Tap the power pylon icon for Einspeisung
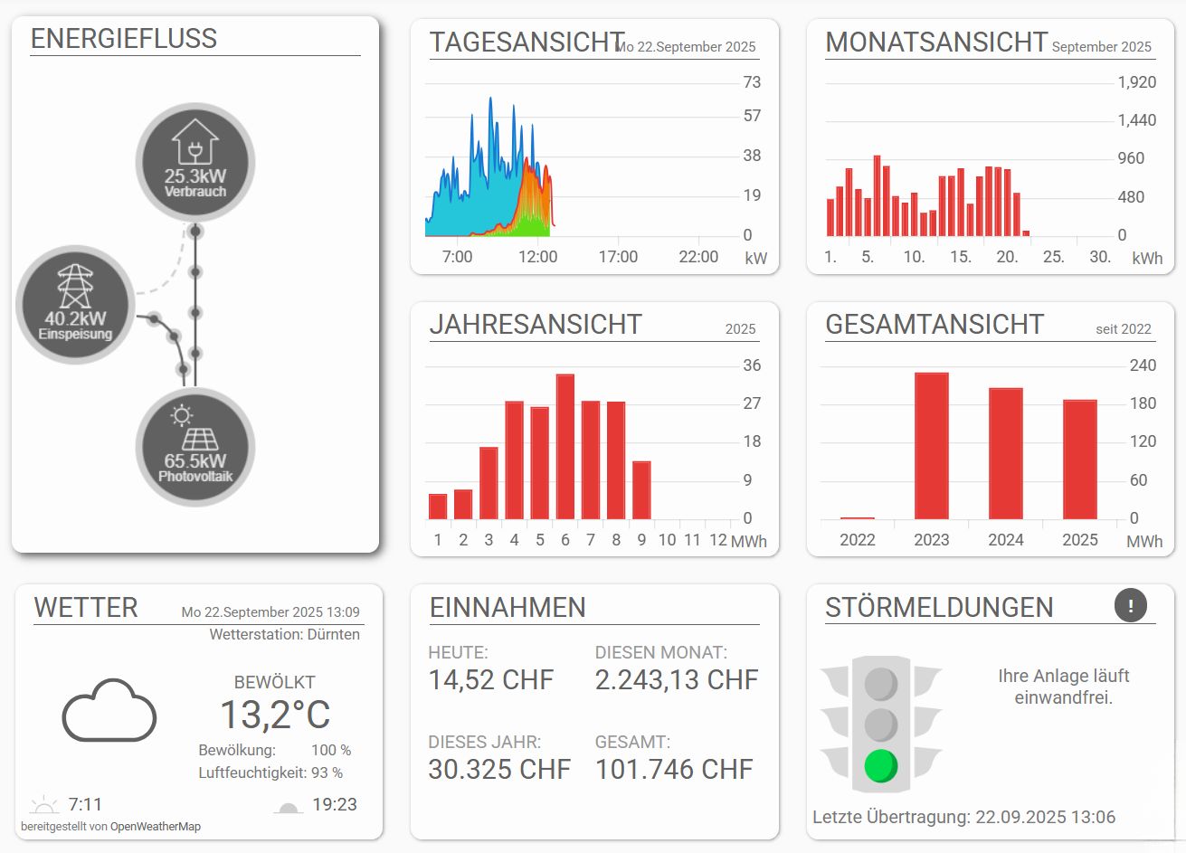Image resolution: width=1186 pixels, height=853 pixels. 75,286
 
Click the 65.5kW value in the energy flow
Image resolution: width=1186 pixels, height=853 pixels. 195,460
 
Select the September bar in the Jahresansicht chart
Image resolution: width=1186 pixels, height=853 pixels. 641,489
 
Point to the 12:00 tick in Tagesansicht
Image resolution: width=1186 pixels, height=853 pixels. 537,257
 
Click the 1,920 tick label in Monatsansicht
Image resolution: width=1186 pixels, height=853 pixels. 1137,82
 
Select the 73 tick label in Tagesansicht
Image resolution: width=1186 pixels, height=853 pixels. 752,82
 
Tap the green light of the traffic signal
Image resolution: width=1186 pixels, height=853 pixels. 880,765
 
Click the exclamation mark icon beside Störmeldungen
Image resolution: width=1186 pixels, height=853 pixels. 1131,605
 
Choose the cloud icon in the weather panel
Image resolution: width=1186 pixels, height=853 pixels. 109,711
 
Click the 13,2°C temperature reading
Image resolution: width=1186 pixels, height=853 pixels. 275,715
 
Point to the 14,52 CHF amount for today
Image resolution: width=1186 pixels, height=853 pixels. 490,679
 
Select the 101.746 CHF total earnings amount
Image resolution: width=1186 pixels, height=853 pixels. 674,769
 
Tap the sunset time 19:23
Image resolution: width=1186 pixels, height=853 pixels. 335,804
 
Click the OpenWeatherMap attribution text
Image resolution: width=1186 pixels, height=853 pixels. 155,826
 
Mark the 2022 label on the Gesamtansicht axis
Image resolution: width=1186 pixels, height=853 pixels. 857,540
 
